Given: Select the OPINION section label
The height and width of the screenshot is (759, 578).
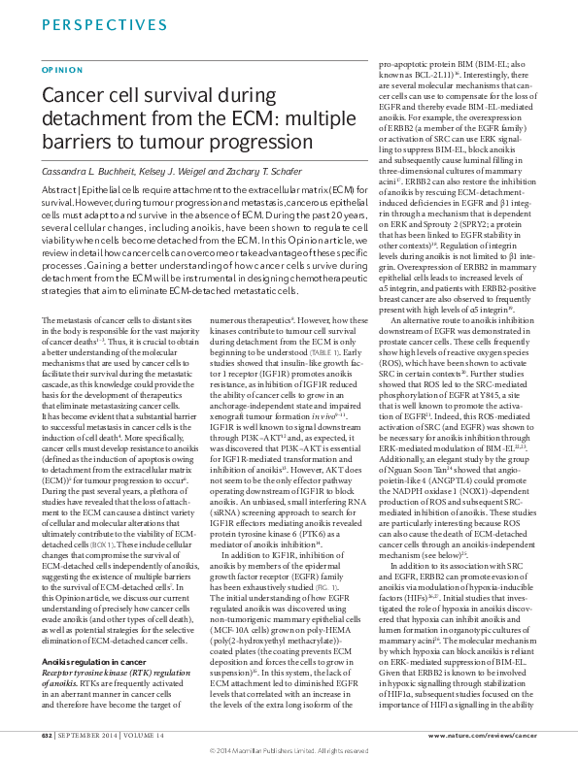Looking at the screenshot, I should point(55,70).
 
